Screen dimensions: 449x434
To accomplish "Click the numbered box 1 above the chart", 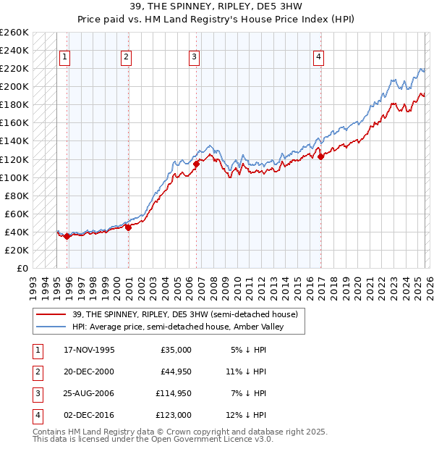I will pos(65,57).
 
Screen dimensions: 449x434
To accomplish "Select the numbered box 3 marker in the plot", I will pos(195,57).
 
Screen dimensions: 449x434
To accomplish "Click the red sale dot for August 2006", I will pos(196,164).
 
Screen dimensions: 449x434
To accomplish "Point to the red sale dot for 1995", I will pos(67,236).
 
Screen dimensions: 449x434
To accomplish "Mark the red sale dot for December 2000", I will pos(128,227).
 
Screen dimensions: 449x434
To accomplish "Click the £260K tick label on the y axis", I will pos(14,33).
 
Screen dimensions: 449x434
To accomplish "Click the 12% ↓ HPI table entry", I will pos(247,416).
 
